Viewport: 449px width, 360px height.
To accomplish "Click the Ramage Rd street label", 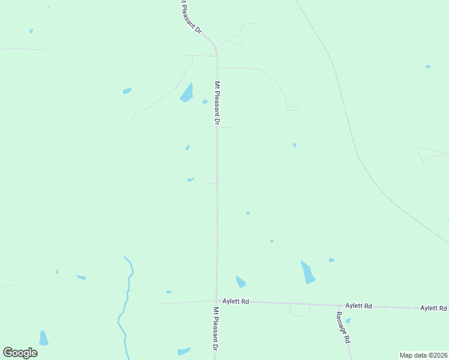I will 343,327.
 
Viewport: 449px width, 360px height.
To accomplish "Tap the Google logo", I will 20,353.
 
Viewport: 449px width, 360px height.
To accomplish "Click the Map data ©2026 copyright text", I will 423,355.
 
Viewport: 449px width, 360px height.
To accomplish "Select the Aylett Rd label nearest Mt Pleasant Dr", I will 235,301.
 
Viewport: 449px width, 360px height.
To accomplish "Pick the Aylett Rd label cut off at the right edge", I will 433,308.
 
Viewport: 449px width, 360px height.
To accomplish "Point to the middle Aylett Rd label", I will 358,306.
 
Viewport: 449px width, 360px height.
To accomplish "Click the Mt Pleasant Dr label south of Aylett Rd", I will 215,329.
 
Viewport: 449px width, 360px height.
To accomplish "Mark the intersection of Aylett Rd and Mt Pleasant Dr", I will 216,301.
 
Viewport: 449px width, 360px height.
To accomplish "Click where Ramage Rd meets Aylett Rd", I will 339,305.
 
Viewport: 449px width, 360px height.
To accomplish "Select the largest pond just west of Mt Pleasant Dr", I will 187,93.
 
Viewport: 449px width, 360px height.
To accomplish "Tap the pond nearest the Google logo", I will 43,338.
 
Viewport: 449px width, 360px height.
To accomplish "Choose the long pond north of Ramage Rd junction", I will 307,272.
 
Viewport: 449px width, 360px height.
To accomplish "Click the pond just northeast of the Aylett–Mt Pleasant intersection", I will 241,281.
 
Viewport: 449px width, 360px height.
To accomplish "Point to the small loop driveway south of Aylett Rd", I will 300,311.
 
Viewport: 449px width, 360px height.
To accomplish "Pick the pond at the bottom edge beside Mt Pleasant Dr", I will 184,351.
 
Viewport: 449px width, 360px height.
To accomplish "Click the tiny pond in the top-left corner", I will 31,31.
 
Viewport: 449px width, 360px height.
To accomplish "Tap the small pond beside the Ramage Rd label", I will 348,320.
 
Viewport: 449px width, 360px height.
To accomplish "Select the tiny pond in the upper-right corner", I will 428,67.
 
